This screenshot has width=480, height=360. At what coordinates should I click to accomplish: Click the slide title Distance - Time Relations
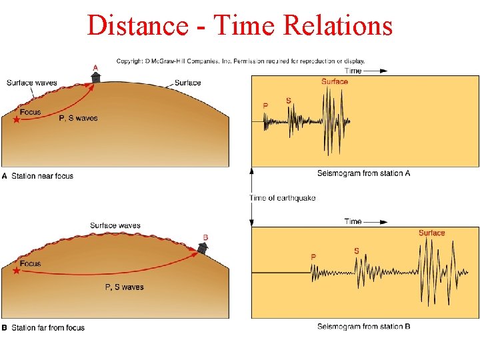click(x=239, y=25)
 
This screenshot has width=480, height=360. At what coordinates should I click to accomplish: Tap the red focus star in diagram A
click(x=17, y=120)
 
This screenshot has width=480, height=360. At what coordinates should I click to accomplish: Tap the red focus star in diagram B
click(x=17, y=271)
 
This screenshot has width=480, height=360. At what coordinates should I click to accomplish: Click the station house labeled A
click(x=96, y=77)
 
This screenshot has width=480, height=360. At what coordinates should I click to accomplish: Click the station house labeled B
click(x=203, y=247)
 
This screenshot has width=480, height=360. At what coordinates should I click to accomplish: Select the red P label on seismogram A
click(x=265, y=105)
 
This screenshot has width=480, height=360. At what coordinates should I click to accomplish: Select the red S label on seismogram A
click(x=288, y=101)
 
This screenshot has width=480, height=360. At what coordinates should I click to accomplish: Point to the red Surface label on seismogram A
click(x=334, y=82)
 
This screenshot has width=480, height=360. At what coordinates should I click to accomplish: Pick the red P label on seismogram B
click(x=313, y=257)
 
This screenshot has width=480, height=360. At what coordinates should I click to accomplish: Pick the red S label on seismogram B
click(x=357, y=251)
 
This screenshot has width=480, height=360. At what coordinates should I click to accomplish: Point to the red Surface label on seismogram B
click(x=431, y=233)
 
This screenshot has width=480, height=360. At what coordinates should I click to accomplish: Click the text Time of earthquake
click(x=282, y=198)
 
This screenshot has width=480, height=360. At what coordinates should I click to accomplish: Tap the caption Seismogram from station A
click(x=363, y=173)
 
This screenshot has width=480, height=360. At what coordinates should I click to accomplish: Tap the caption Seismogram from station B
click(x=363, y=327)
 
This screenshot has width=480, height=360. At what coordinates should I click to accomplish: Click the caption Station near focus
click(x=42, y=176)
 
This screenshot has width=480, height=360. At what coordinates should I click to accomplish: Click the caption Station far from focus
click(x=47, y=328)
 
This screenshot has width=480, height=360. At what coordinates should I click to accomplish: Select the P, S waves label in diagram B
click(x=124, y=287)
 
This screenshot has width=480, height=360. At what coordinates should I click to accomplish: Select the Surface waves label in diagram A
click(x=31, y=83)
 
